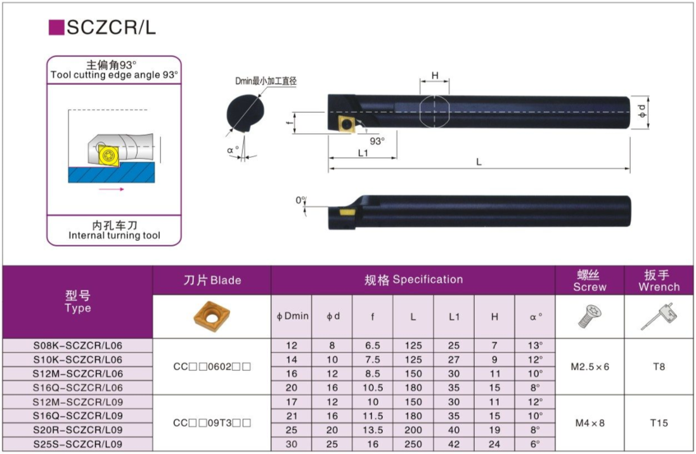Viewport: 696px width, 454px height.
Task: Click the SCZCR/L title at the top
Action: pos(111,27)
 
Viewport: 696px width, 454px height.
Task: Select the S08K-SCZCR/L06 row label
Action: pos(78,346)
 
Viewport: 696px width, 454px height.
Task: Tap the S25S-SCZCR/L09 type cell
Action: pos(78,444)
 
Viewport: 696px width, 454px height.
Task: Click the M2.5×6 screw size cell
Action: pos(590,367)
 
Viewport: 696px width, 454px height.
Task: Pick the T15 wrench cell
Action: pos(659,423)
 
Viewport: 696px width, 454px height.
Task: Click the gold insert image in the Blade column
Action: pos(212,316)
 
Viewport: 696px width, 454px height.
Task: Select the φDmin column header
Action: pos(292,316)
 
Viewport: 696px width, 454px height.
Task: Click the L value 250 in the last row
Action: pos(413,444)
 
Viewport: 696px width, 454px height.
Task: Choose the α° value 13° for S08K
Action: pos(536,346)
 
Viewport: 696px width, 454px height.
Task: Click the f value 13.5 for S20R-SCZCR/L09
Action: pos(373,430)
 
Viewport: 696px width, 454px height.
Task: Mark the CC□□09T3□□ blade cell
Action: pos(212,423)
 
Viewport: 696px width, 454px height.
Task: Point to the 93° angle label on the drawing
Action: pos(378,141)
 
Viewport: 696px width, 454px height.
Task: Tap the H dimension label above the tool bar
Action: pos(435,76)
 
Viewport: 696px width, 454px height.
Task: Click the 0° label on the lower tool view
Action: pos(301,201)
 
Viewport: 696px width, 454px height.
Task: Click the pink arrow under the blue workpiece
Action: pos(111,189)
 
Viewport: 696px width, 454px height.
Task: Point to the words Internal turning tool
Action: pos(114,236)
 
